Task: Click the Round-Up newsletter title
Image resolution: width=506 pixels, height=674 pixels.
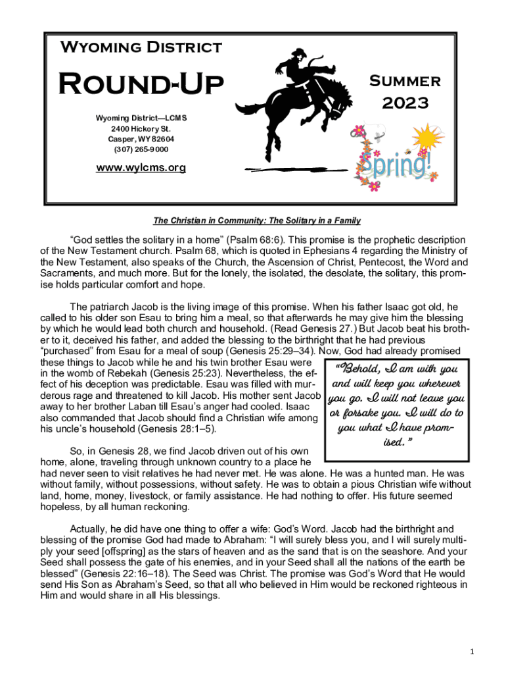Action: click(141, 85)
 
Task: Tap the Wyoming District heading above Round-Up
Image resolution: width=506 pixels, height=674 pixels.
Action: click(141, 47)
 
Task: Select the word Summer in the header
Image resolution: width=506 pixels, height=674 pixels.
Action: click(405, 81)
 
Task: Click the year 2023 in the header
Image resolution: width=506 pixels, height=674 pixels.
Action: click(405, 103)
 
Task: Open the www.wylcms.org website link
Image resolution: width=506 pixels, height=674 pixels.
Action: click(141, 167)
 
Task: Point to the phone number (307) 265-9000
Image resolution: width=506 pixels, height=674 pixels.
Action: click(141, 149)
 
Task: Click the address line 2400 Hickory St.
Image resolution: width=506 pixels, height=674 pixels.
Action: click(141, 128)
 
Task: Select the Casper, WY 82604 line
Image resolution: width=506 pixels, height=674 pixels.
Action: click(141, 139)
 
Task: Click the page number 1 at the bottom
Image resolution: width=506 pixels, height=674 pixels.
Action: click(472, 652)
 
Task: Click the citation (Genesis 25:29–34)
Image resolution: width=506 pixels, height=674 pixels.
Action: click(265, 351)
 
